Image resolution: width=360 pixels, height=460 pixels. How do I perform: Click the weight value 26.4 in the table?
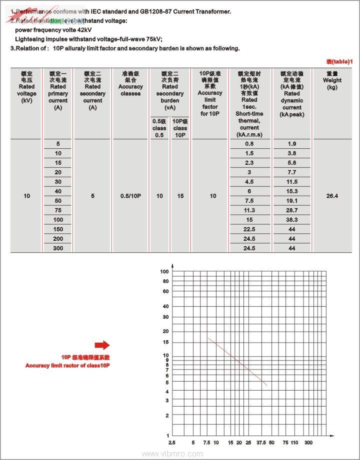coord(332,196)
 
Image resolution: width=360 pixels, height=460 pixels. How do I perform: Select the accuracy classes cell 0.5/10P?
coord(130,196)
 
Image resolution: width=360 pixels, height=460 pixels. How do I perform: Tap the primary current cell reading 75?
coord(58,210)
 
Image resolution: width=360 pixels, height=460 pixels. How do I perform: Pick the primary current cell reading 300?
coord(58,248)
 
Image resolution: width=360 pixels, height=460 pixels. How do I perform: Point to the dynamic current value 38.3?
coord(292,220)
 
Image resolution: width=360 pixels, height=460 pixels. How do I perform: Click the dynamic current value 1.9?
coord(292,144)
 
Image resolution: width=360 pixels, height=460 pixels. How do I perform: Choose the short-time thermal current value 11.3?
coord(249,210)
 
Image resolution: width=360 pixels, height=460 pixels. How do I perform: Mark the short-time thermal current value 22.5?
coord(249,229)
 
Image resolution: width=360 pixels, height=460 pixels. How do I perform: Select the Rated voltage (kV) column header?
coord(26,87)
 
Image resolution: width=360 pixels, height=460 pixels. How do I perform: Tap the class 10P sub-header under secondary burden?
coord(180,128)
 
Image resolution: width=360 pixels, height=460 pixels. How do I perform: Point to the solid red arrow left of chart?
coord(102,345)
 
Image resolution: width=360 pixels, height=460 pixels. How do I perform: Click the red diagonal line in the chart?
coord(237,362)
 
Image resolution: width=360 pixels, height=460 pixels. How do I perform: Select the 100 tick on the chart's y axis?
coord(164,272)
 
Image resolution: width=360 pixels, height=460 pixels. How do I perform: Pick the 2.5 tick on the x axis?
coord(172,443)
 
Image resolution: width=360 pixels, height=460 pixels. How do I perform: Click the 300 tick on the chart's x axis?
coord(308,443)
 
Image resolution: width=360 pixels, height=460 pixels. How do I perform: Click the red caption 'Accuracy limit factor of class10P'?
coord(67,366)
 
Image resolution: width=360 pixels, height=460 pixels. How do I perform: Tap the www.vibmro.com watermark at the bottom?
coord(172,454)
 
